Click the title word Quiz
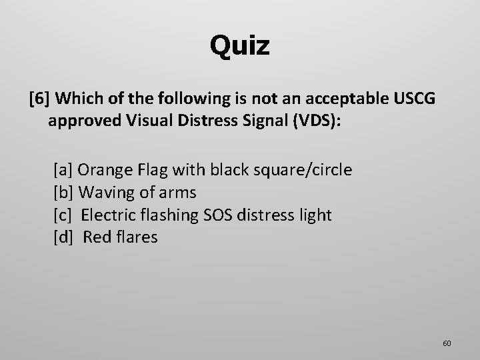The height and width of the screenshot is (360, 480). [x=239, y=46]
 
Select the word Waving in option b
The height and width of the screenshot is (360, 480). [x=103, y=193]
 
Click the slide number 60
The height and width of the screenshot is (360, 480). [x=447, y=343]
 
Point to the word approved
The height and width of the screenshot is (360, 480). [x=80, y=123]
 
